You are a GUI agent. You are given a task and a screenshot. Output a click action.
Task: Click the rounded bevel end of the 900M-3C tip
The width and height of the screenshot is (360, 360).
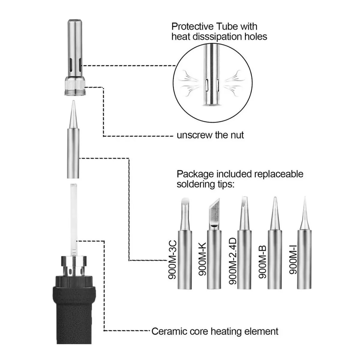tap(185, 202)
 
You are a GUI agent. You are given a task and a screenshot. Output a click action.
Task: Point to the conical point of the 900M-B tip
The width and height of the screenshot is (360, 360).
tap(274, 202)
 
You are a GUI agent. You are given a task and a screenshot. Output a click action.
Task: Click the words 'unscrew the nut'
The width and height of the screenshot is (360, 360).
tap(210, 135)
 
